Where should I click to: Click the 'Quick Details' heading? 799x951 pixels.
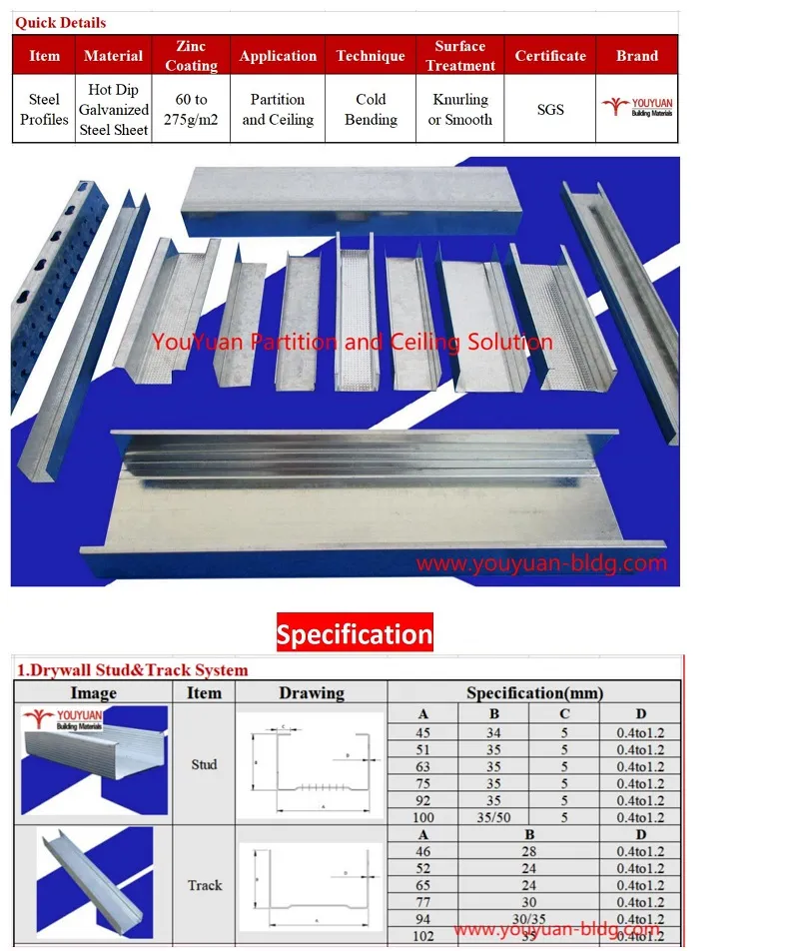60,22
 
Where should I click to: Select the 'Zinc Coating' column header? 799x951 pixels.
191,56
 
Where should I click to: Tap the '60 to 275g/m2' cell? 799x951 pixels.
191,109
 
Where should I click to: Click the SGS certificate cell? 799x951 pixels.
550,109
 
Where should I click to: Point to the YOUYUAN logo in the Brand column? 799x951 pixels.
636,107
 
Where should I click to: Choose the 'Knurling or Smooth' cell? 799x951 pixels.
460,109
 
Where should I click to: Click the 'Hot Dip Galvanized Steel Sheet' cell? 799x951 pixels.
114,109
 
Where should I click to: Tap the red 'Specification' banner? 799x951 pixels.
355,634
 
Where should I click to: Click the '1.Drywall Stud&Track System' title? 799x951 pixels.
132,670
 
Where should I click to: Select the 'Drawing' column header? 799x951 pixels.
312,692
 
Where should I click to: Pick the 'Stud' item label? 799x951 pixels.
204,764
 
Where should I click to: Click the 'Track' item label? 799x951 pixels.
205,885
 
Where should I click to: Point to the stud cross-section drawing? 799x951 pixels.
312,764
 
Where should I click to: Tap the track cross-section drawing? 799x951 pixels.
312,885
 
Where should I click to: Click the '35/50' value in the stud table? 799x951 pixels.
493,817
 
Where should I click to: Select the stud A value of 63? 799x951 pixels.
423,766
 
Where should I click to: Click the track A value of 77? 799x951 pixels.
423,902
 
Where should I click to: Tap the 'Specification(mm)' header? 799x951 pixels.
534,692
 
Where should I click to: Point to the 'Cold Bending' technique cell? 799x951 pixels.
371,109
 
